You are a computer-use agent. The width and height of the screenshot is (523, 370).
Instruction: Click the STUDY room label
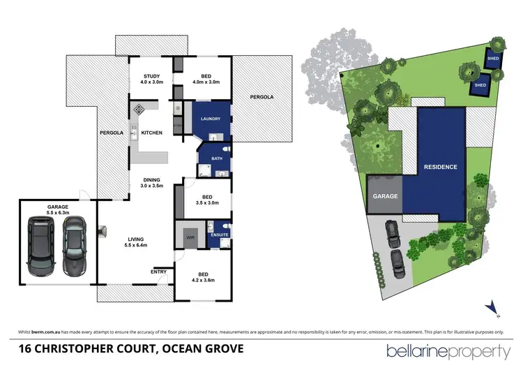click(152, 77)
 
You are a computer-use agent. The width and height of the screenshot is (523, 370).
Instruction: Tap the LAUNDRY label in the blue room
click(210, 119)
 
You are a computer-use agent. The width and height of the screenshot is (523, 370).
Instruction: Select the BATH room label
click(206, 159)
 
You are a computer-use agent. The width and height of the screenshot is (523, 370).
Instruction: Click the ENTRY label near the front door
click(158, 272)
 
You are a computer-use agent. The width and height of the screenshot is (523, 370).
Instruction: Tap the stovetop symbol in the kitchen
click(139, 109)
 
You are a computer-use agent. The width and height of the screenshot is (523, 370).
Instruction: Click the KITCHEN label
click(152, 133)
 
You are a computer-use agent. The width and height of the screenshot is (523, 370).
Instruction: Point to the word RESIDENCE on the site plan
click(440, 167)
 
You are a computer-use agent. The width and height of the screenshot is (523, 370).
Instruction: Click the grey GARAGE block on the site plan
click(385, 196)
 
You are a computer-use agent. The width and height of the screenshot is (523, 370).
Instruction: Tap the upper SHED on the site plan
click(493, 59)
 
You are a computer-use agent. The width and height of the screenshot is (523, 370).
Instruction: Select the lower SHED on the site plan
click(480, 84)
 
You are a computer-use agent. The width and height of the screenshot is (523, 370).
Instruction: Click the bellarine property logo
click(445, 349)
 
